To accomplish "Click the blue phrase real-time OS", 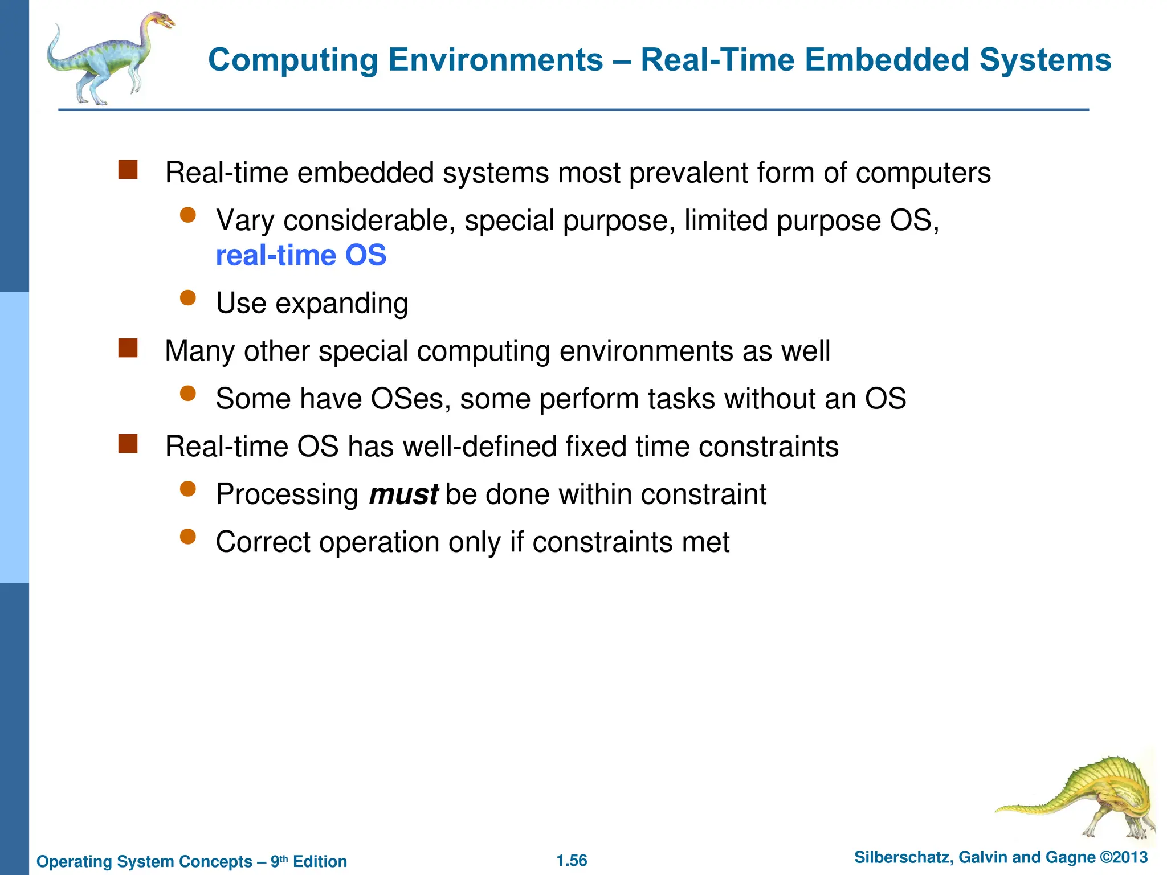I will [301, 256].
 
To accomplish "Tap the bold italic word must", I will [403, 494].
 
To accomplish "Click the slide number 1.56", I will [572, 861].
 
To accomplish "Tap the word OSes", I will [407, 399].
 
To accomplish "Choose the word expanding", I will [342, 304].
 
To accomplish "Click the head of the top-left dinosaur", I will [161, 22].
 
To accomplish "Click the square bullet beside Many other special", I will [128, 348].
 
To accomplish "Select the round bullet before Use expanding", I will [187, 298].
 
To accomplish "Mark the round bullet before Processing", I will [187, 489].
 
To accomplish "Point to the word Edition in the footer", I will [320, 862].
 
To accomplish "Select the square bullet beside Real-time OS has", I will [128, 444].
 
